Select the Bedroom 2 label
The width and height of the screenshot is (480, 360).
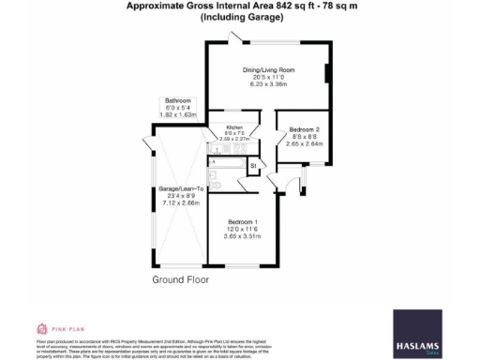[x=305, y=128]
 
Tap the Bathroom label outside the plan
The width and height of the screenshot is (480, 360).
[x=177, y=100]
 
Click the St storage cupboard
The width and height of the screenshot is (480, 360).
[x=253, y=166]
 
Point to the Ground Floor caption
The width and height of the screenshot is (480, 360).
[x=180, y=279]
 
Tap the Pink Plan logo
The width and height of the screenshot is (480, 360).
[x=54, y=328]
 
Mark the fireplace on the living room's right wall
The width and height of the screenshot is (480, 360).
[x=326, y=75]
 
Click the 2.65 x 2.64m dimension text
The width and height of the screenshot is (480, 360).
[x=305, y=143]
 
